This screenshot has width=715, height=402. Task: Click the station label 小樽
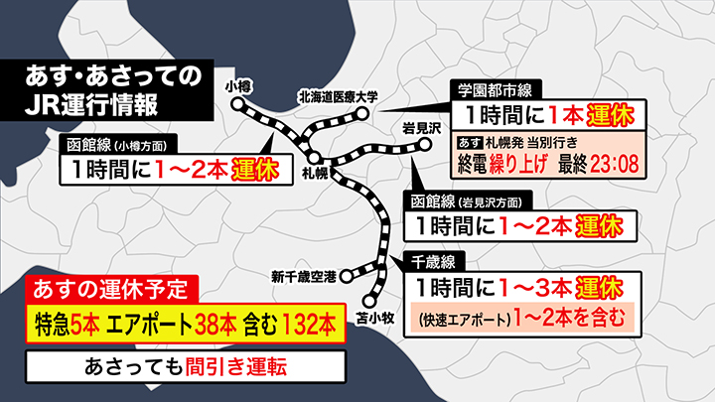coord(239,86)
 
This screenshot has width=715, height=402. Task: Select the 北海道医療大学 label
coord(339,96)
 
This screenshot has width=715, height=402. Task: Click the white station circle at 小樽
coord(238,104)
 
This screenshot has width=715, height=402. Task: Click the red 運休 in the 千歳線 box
coord(597,289)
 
